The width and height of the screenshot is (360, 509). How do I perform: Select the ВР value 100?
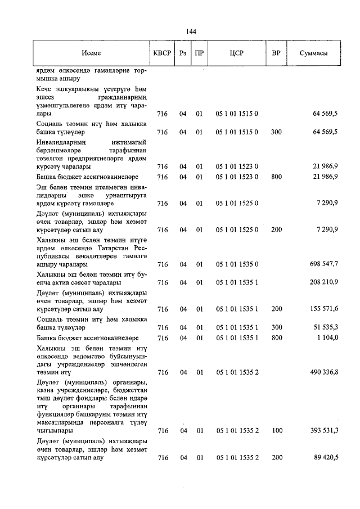276,431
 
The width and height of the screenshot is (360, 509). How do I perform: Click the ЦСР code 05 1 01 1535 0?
236,264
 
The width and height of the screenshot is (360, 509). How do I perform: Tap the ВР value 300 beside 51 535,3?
276,327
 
